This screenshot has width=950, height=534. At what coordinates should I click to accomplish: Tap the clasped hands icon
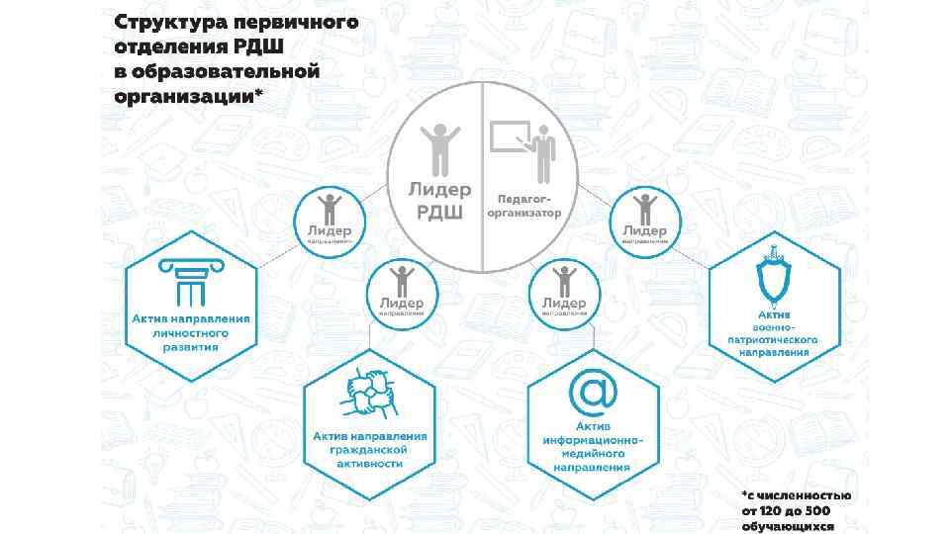pos(370,396)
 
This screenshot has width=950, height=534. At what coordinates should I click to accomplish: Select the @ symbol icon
pos(594,392)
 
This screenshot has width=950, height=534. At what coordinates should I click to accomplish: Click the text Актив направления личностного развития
pos(192,333)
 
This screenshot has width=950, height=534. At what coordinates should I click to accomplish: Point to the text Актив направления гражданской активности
pos(369,449)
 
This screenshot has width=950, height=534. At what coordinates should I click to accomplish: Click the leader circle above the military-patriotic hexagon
pos(644,221)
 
